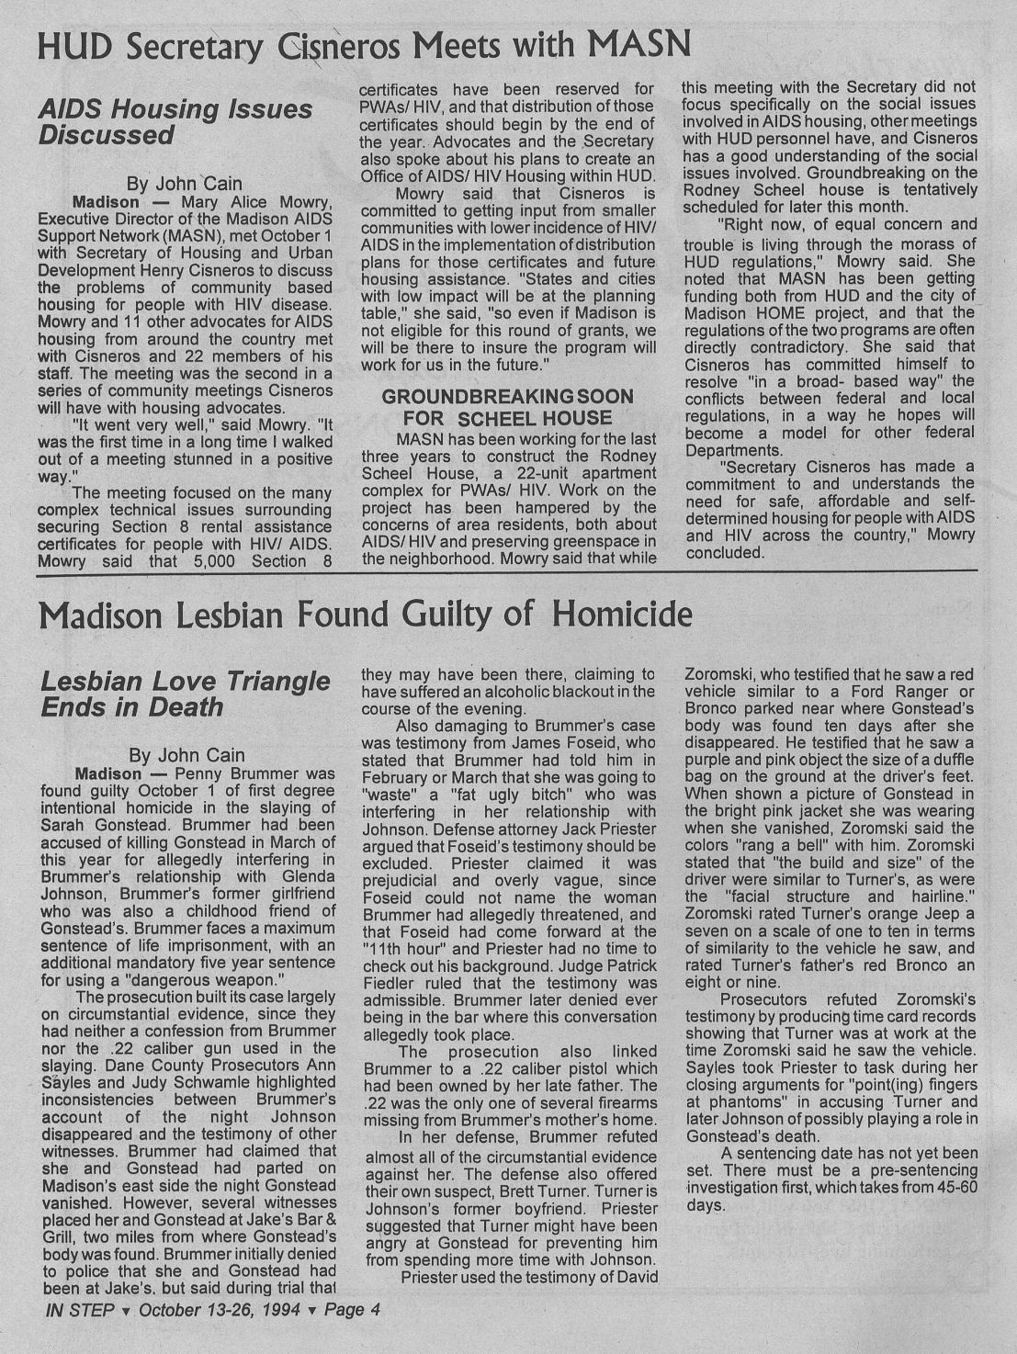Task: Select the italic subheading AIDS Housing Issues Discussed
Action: [175, 122]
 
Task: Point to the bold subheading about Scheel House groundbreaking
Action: [507, 407]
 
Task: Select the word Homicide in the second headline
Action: [623, 614]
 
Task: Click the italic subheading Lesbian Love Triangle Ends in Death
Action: [185, 694]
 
